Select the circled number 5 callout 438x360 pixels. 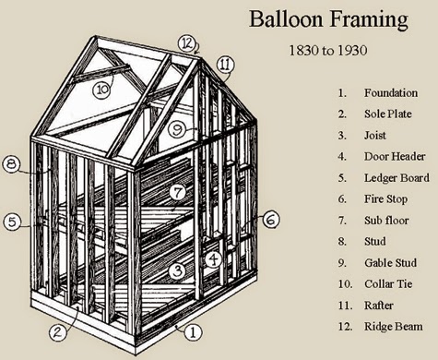(x=12, y=222)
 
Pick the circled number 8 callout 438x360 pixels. (x=12, y=164)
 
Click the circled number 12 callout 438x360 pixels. (x=188, y=42)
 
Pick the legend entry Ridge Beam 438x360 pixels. (x=393, y=326)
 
